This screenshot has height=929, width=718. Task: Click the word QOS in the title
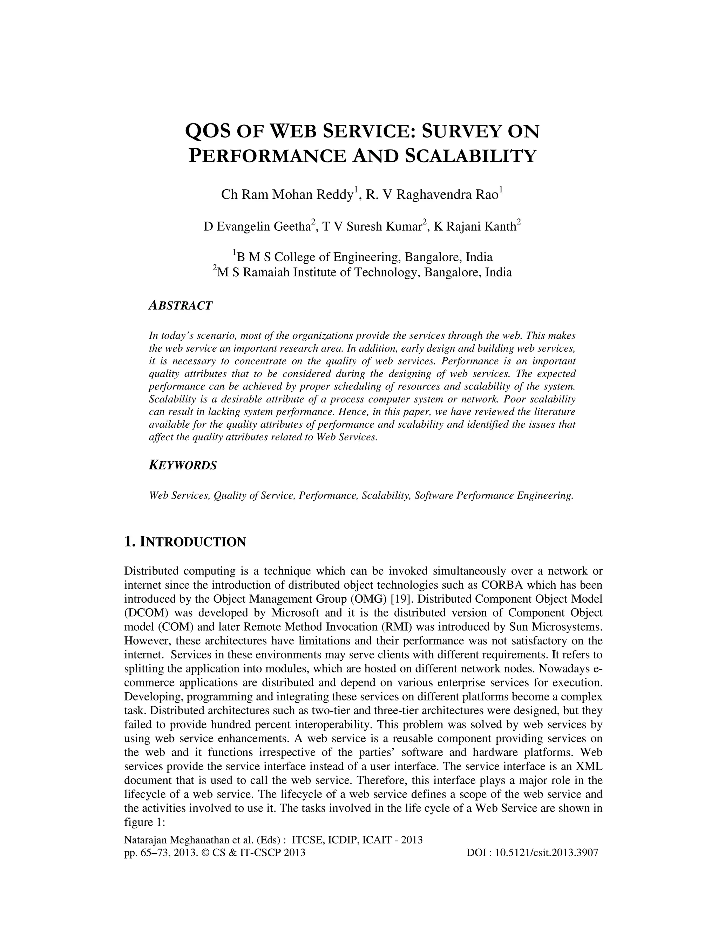coord(207,131)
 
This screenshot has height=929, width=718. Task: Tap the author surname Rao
coord(488,195)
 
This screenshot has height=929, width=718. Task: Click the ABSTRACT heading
coord(180,305)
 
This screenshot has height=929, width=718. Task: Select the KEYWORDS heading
coord(183,465)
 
